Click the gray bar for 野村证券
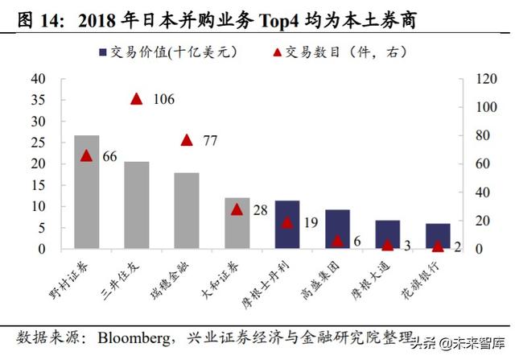[x=86, y=192]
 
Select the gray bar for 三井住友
[x=137, y=205]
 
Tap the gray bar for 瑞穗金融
[x=187, y=211]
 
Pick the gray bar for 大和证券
[x=237, y=223]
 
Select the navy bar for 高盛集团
[x=337, y=229]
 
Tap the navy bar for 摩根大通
[x=387, y=234]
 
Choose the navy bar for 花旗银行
[x=438, y=236]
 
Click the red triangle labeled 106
[x=137, y=99]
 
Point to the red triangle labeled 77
[x=187, y=140]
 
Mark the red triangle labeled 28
[x=237, y=209]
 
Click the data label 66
[x=110, y=156]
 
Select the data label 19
[x=311, y=223]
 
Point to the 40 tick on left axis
[x=38, y=79]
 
